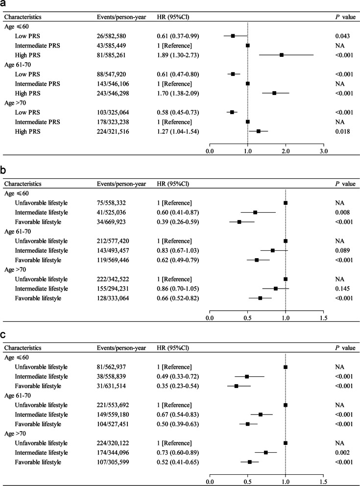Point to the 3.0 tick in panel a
[323, 151]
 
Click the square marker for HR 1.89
[282, 54]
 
